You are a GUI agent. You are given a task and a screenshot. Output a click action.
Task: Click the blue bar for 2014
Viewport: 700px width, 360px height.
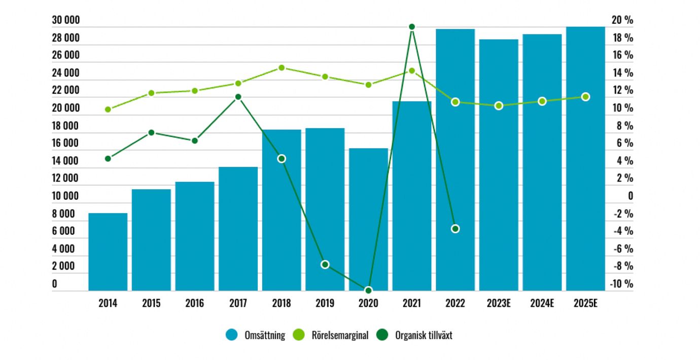[x=108, y=251]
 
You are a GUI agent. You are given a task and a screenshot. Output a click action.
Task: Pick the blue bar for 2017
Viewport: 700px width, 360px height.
[x=238, y=228]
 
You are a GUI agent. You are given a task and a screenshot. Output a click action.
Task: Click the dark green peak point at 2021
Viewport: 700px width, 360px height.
[x=412, y=26]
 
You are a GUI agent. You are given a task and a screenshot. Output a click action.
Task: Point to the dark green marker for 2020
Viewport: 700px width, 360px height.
[x=368, y=290]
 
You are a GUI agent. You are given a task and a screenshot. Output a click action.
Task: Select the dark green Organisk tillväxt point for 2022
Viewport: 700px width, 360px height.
[x=455, y=229]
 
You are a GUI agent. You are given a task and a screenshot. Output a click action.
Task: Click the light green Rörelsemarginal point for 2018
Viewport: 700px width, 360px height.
[x=282, y=67]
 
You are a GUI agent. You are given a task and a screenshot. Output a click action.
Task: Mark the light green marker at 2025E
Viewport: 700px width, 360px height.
[x=585, y=97]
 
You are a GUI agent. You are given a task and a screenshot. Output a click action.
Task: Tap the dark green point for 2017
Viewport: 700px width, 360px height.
[x=238, y=97]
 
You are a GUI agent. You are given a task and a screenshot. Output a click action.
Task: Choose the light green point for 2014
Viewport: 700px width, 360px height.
[x=108, y=110]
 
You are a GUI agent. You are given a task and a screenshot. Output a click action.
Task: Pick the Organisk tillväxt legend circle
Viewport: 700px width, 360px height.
[x=383, y=335]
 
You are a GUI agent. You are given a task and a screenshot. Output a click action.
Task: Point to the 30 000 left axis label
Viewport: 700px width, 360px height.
[x=66, y=20]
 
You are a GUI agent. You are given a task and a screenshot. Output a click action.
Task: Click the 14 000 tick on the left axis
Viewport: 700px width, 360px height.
[x=66, y=161]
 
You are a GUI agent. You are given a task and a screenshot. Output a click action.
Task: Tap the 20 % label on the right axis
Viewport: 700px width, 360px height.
[x=622, y=20]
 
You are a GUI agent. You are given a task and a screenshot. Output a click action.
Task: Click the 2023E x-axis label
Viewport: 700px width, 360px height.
[x=499, y=304]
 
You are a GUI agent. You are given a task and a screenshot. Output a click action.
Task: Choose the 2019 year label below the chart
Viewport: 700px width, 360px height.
[x=325, y=304]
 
